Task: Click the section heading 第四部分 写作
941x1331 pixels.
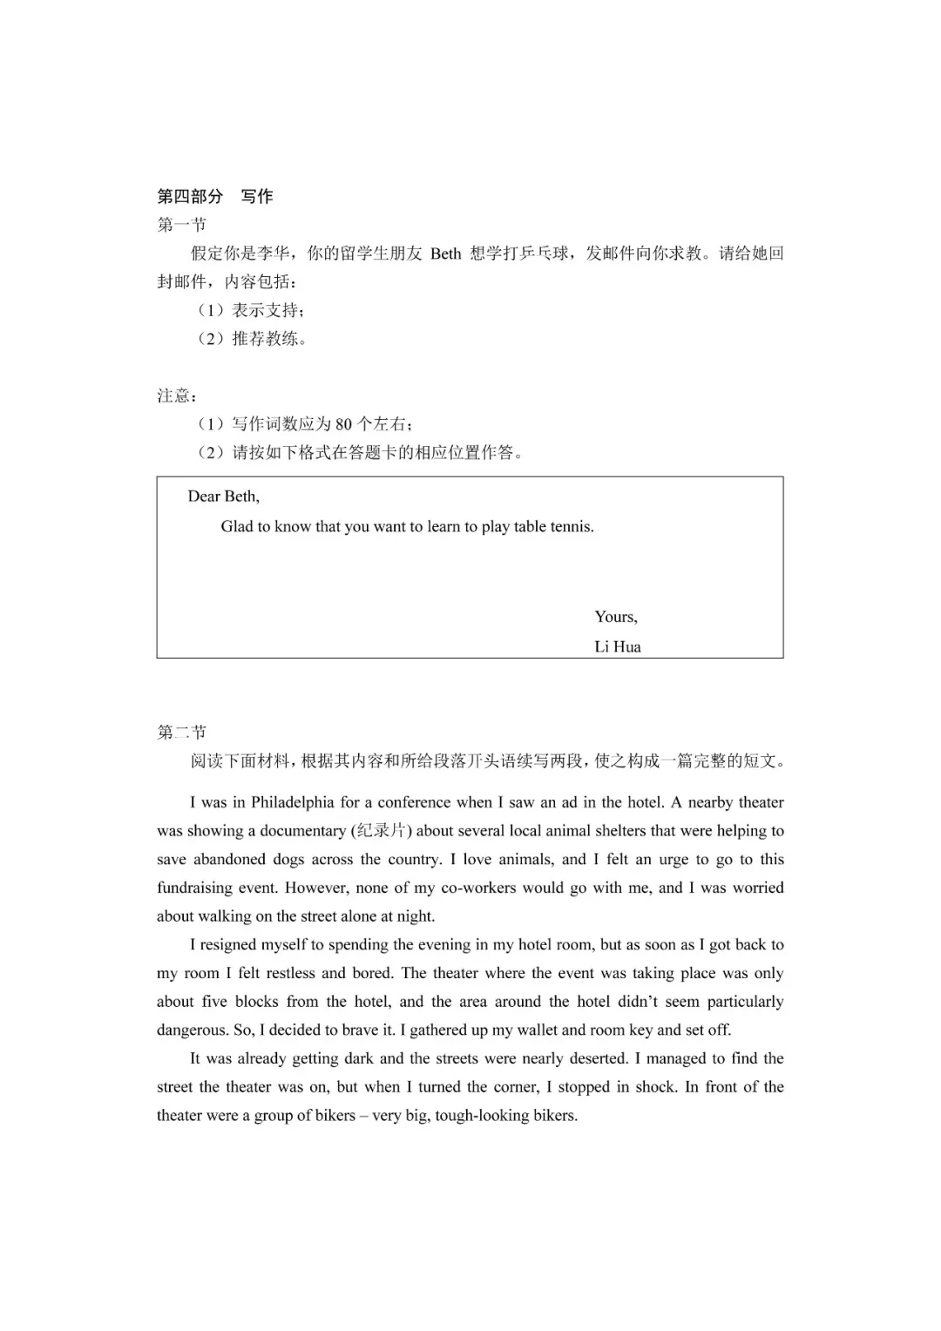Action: (x=214, y=197)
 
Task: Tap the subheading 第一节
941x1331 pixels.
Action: (x=181, y=225)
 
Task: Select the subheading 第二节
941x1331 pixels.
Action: (x=181, y=732)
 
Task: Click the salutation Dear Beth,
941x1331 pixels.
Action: (x=223, y=497)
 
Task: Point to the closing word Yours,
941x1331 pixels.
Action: (x=616, y=617)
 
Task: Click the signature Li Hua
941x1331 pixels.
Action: (x=618, y=646)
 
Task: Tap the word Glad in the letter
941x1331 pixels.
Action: (x=237, y=526)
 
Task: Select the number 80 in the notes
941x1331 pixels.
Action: (x=343, y=424)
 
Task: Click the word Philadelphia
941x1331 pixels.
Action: (x=293, y=802)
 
